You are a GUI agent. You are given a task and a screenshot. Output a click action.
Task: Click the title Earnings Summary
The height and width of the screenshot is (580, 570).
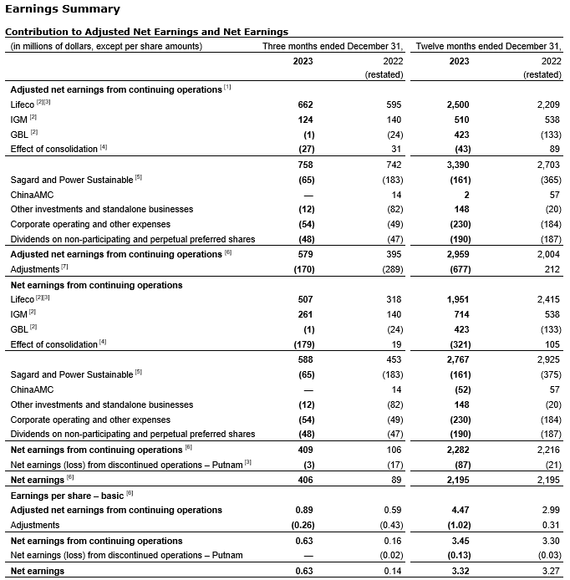pyautogui.click(x=62, y=9)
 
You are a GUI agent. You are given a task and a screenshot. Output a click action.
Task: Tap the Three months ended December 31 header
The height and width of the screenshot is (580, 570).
pyautogui.click(x=333, y=46)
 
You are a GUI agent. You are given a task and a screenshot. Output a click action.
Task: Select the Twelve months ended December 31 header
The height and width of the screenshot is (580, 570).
pyautogui.click(x=488, y=46)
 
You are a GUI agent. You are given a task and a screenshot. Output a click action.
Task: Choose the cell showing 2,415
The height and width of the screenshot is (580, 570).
pyautogui.click(x=547, y=300)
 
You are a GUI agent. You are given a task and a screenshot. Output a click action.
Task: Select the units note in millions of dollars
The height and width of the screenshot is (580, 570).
pyautogui.click(x=105, y=46)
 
